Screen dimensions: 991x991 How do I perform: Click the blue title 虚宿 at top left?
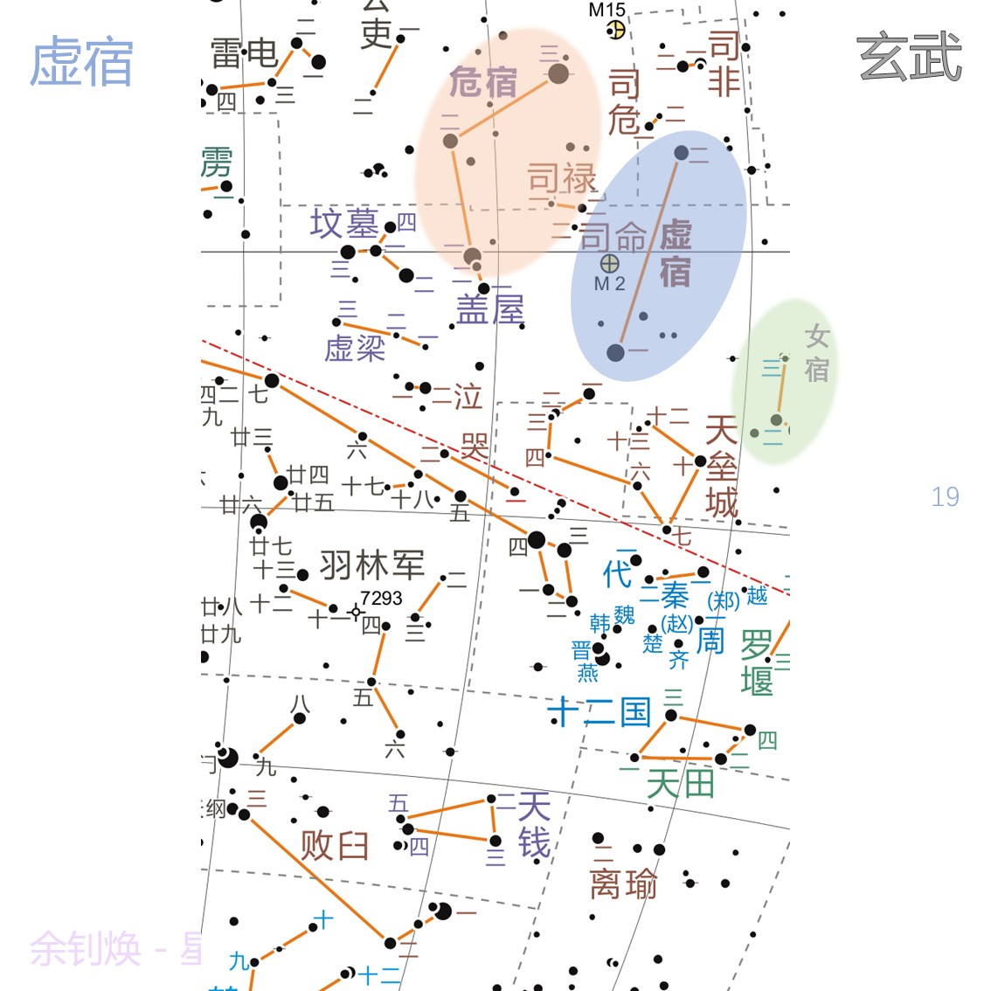point(81,62)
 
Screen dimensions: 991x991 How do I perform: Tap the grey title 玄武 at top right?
point(910,58)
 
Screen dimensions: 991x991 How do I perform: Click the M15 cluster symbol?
point(616,30)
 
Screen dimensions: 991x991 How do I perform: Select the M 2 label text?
point(609,284)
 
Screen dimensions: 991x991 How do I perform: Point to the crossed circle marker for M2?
point(610,263)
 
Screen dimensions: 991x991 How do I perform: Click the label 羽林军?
point(372,565)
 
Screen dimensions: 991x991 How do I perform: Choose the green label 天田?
point(680,783)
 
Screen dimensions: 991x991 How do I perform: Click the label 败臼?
point(335,845)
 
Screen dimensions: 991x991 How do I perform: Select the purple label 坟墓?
point(344,224)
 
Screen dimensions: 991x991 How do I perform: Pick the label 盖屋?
point(490,309)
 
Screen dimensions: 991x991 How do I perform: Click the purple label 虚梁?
point(355,349)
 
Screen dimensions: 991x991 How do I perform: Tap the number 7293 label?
point(381,598)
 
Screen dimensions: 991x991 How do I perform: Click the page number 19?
point(945,497)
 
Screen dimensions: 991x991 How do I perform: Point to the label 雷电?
point(244,53)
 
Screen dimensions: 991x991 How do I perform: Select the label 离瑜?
point(623,884)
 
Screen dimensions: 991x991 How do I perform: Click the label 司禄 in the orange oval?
point(562,179)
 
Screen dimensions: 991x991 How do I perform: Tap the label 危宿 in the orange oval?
point(483,82)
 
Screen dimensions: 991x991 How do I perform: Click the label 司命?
point(613,237)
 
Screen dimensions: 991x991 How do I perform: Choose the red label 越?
point(757,595)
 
